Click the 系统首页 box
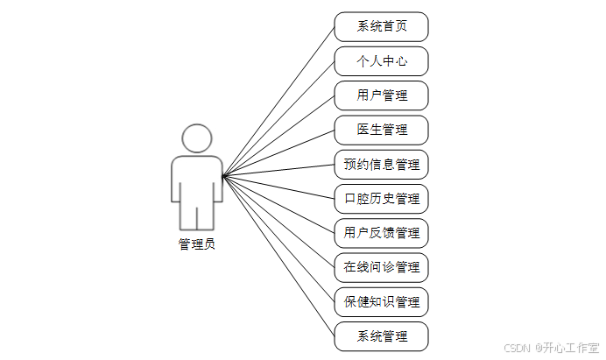pyautogui.click(x=381, y=26)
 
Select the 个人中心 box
pyautogui.click(x=381, y=61)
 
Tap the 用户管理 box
pyautogui.click(x=381, y=95)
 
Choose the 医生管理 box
pyautogui.click(x=381, y=130)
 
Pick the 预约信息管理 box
pyautogui.click(x=381, y=164)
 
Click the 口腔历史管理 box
pyautogui.click(x=381, y=199)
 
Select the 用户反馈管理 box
pyautogui.click(x=381, y=233)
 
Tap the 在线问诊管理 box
pyautogui.click(x=381, y=267)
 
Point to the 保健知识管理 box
pyautogui.click(x=381, y=302)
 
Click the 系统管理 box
pyautogui.click(x=381, y=336)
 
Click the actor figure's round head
pyautogui.click(x=197, y=138)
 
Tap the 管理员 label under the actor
pyautogui.click(x=197, y=244)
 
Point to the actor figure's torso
pyautogui.click(x=197, y=180)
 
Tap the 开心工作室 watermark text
pyautogui.click(x=571, y=348)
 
